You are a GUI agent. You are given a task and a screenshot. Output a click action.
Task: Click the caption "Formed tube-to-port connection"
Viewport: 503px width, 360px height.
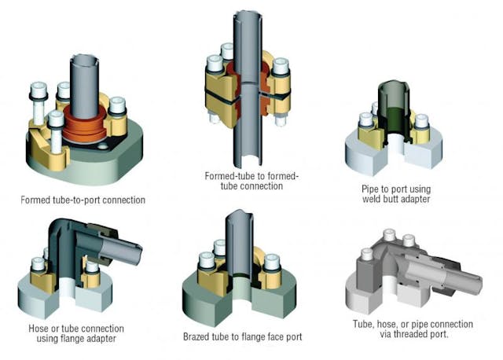83,200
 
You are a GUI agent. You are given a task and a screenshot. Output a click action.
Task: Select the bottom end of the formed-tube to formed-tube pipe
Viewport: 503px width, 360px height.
248,157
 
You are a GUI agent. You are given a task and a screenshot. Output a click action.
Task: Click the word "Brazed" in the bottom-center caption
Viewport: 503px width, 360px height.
197,336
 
